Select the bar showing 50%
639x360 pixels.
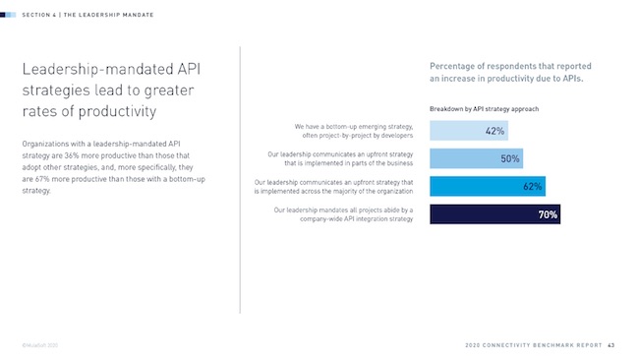tap(476, 158)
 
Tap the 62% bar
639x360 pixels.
tap(488, 186)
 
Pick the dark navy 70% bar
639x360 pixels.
tap(494, 213)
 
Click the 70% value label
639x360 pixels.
tap(548, 214)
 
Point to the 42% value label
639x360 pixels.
tap(494, 131)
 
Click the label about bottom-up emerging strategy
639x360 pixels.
tap(353, 131)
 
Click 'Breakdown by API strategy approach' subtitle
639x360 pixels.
tap(484, 108)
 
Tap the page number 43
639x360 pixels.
tap(610, 344)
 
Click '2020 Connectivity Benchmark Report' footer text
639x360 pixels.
tap(532, 344)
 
